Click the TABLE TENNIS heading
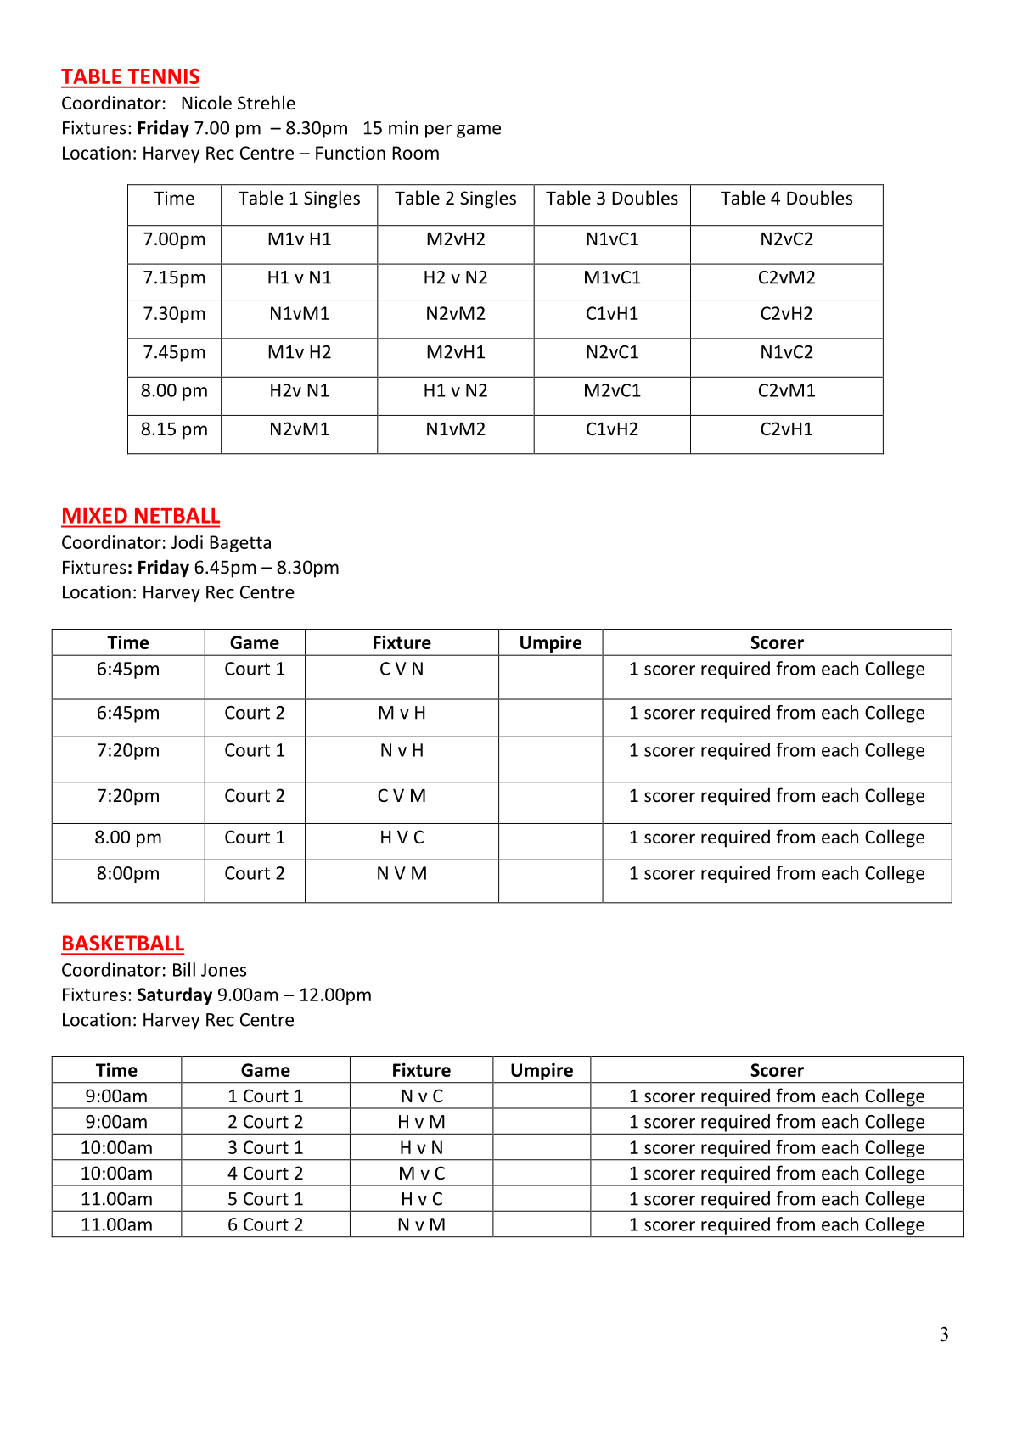(130, 77)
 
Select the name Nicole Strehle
(238, 104)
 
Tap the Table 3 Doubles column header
(611, 199)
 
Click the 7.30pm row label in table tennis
(174, 314)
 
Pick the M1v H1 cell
(299, 239)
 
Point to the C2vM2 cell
(786, 277)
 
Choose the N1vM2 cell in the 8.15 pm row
(455, 429)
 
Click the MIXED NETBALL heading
(140, 517)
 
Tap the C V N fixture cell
(402, 670)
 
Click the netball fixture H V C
(402, 838)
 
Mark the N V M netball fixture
(402, 874)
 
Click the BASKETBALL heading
(122, 944)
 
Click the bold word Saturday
(174, 995)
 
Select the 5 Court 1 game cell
(265, 1199)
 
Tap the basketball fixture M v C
(421, 1174)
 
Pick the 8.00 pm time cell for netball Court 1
(127, 838)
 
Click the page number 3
(944, 1335)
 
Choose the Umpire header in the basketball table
(542, 1071)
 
